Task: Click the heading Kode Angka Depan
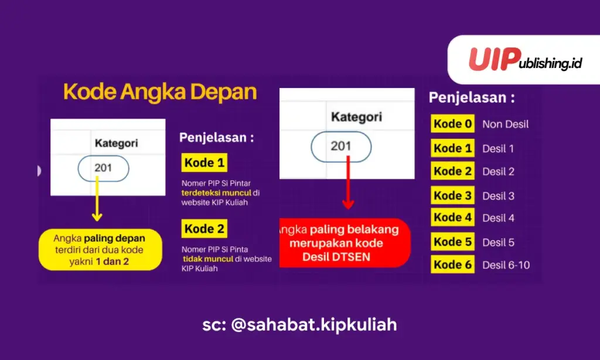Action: point(160,93)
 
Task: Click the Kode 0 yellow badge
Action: point(452,124)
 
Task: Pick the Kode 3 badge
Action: point(452,195)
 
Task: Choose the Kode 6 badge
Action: point(452,264)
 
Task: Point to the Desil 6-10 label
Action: point(506,265)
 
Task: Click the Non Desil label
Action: point(505,124)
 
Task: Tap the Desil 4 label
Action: point(498,218)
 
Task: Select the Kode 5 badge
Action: point(452,242)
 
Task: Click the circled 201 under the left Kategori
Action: point(103,169)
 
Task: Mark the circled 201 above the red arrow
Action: point(340,146)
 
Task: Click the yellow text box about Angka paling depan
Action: point(100,250)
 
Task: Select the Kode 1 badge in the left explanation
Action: point(204,162)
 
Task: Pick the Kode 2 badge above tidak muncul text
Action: point(204,229)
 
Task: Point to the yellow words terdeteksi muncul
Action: point(216,192)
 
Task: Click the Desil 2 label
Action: point(498,172)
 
